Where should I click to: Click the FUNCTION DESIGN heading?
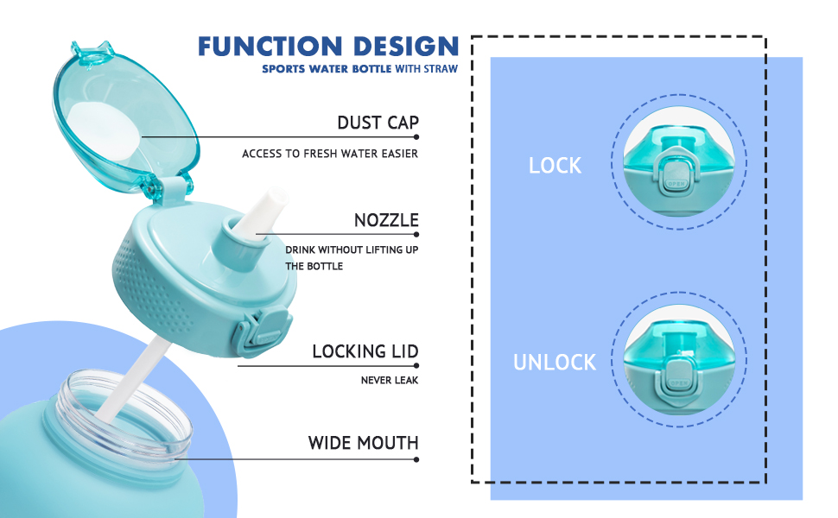tap(328, 46)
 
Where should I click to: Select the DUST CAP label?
tap(378, 123)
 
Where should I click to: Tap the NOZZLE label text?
tap(386, 220)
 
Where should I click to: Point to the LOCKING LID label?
tap(365, 351)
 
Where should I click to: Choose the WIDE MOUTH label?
tap(363, 443)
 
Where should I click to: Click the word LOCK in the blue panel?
tap(555, 165)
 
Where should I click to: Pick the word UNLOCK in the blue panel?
tap(555, 362)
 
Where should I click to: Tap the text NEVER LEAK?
tap(390, 380)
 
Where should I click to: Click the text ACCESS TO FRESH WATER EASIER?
tap(330, 154)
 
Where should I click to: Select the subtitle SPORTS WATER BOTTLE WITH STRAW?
tap(360, 68)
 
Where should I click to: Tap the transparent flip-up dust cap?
tap(124, 117)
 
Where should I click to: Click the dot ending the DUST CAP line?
tap(416, 136)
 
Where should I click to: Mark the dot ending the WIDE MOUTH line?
tap(416, 459)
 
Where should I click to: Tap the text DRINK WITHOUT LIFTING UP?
tap(352, 250)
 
